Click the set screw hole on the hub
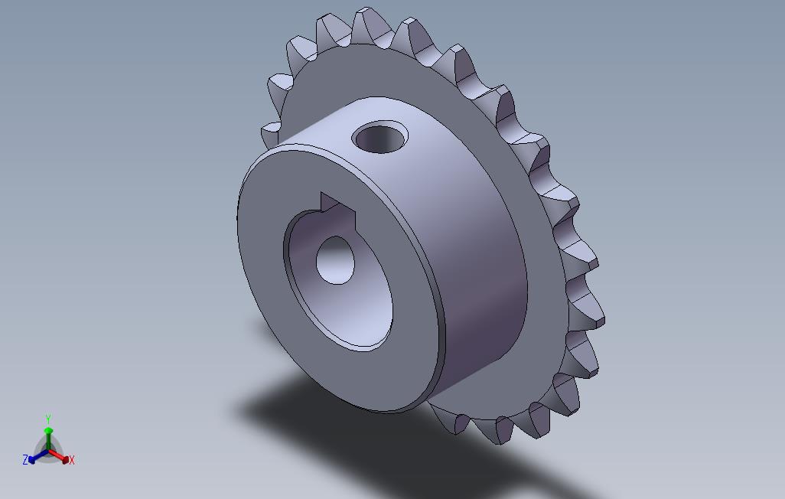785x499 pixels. pos(380,137)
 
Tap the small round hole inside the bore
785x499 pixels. pos(335,260)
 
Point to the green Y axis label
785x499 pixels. pos(48,419)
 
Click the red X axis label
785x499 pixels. pos(72,460)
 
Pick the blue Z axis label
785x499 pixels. pos(25,459)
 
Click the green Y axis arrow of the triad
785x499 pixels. pos(48,439)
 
